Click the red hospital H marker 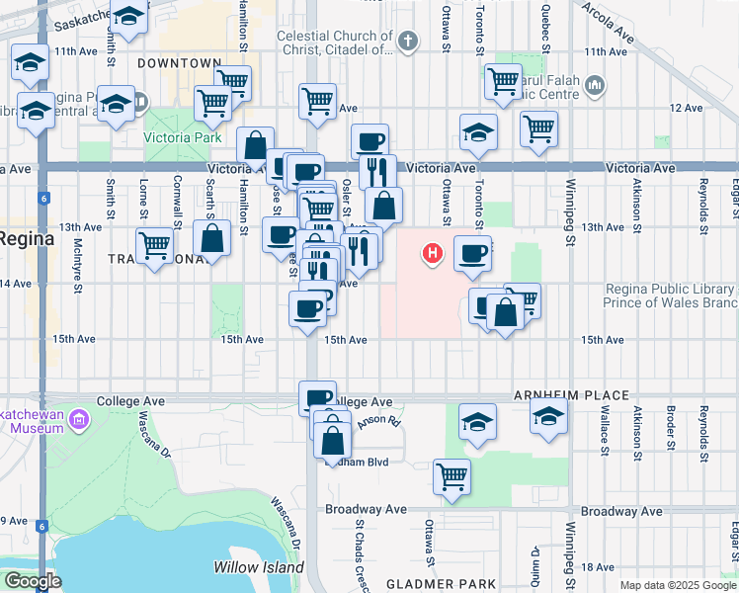click(x=432, y=255)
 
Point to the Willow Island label click(x=253, y=567)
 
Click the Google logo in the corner click(x=34, y=581)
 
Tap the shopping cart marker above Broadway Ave click(x=452, y=476)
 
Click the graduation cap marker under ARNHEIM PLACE click(x=548, y=416)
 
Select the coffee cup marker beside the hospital click(x=472, y=253)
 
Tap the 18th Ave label click(x=599, y=567)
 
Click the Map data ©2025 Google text click(x=676, y=585)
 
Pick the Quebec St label click(x=545, y=29)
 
